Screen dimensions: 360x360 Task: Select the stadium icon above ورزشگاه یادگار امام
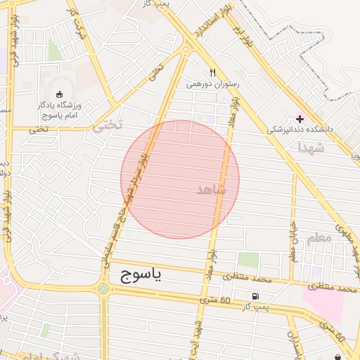[x=58, y=94]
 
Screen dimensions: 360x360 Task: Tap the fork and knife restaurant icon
[x=212, y=72]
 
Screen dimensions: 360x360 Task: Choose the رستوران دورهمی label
[x=213, y=84]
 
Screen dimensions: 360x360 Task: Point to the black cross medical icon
[x=300, y=119]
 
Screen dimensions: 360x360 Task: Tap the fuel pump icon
[x=254, y=295]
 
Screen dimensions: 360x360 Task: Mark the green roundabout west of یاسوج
[x=103, y=288]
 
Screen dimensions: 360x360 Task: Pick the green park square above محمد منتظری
[x=247, y=259]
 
